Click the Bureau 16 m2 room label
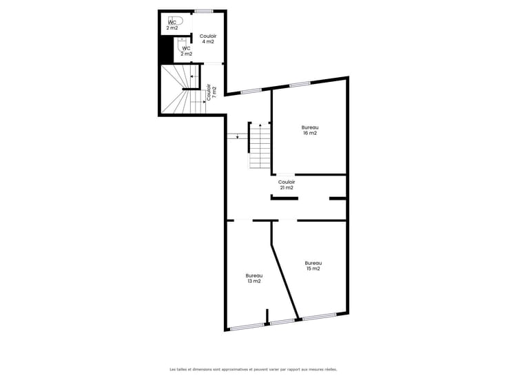click(x=310, y=130)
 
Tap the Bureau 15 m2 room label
click(x=313, y=266)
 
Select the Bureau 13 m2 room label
click(x=253, y=278)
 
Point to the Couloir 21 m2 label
click(x=287, y=184)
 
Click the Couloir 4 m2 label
click(x=208, y=39)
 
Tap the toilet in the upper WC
click(x=176, y=21)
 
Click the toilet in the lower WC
click(x=182, y=43)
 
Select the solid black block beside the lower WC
click(x=167, y=48)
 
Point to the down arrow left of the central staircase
click(x=238, y=136)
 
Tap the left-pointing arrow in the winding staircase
click(x=194, y=76)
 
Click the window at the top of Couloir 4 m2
click(x=204, y=11)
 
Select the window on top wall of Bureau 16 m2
click(x=300, y=85)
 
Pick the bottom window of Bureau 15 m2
click(x=320, y=317)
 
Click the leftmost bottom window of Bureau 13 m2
click(x=247, y=327)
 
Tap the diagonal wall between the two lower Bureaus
click(x=284, y=281)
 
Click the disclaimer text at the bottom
click(x=253, y=369)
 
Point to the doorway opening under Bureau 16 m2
click(x=284, y=175)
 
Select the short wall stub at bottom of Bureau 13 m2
click(x=267, y=317)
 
